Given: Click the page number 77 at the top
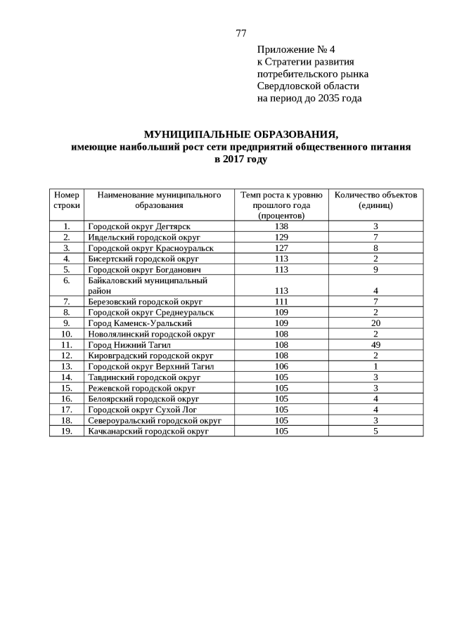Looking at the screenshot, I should (x=240, y=33).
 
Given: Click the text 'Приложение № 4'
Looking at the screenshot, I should (x=296, y=49).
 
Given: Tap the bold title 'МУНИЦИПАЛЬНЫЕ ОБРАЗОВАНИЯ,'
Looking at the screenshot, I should (x=240, y=134).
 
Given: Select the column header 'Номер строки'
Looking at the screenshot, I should (x=67, y=200).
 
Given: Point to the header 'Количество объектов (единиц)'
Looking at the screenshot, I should (x=375, y=200).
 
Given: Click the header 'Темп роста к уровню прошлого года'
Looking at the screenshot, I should (x=281, y=205).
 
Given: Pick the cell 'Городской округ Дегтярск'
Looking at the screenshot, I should (x=139, y=226).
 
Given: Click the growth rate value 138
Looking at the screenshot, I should (x=281, y=226).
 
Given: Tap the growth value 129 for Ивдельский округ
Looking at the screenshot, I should (x=281, y=237).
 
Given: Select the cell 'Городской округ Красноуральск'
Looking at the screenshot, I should (x=150, y=248).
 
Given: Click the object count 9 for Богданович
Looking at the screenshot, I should (x=375, y=269).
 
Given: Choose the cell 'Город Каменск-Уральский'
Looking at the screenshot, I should (x=140, y=323).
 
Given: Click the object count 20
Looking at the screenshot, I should (x=375, y=323).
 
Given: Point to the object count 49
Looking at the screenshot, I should (x=375, y=344).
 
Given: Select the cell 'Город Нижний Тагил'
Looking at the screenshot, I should (x=130, y=344).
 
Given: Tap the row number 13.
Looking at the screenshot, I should (x=67, y=366).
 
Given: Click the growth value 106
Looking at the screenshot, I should (x=281, y=366).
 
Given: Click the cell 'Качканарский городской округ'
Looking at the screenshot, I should (x=148, y=431).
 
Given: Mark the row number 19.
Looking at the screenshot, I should (x=67, y=431).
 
